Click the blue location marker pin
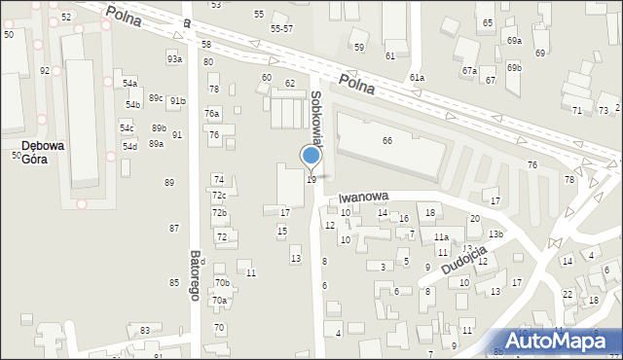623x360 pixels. pos(311,157)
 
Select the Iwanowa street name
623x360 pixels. pos(365,196)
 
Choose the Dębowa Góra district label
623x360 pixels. pos(43,153)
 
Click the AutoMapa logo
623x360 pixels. pos(565,341)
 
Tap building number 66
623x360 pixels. pos(386,141)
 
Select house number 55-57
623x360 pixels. pos(282,29)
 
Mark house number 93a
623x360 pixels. pos(174,59)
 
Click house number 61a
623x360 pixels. pos(417,77)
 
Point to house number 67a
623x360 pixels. pos(469,70)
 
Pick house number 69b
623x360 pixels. pos(514,67)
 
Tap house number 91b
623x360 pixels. pos(177,100)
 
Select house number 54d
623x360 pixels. pos(129,146)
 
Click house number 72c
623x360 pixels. pos(219,196)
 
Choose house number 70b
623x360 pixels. pos(222,283)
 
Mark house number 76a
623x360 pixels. pos(212,114)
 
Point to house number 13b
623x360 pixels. pos(495,234)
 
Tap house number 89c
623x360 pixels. pos(156,98)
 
